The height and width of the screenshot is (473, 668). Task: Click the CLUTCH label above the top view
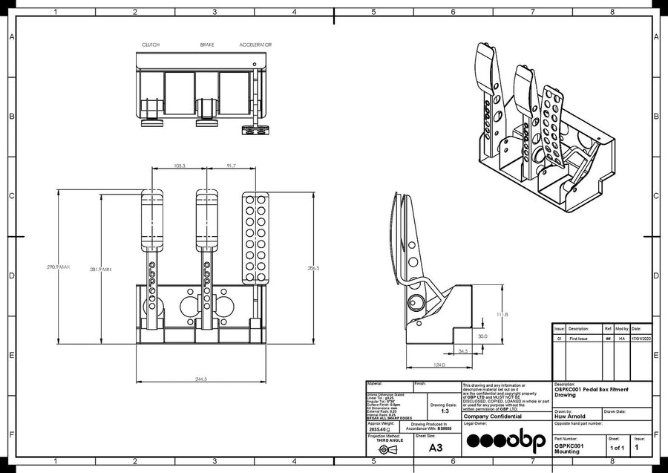click(151, 45)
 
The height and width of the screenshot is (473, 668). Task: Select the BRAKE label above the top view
click(207, 45)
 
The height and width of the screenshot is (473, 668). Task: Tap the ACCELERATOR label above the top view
click(255, 45)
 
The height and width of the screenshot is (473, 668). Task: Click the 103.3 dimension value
click(179, 166)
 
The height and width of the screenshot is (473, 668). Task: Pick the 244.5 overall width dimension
click(201, 379)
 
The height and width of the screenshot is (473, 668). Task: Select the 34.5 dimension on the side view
click(463, 350)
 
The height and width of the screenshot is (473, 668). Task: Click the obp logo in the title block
click(506, 440)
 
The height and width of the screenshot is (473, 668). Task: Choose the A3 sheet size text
click(436, 448)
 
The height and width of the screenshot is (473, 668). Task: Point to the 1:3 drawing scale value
click(445, 411)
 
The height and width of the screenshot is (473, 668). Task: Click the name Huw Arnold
click(569, 417)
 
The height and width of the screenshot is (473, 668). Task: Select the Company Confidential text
click(493, 417)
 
